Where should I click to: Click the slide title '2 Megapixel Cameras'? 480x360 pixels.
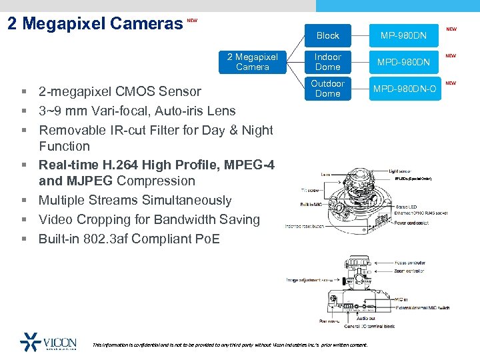pos(94,24)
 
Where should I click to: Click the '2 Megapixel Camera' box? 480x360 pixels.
pos(253,62)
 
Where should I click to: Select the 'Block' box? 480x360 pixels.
pos(327,35)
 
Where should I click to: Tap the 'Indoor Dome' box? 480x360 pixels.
pos(327,62)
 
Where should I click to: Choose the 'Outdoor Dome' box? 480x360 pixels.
pos(327,89)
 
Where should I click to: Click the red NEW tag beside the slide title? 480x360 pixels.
pos(192,21)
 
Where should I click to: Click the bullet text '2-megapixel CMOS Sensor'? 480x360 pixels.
pos(119,91)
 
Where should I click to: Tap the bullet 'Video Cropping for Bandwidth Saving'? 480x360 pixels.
pos(149,219)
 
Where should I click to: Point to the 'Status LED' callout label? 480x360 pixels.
pos(406,207)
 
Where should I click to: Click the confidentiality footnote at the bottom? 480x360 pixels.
pos(229,345)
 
